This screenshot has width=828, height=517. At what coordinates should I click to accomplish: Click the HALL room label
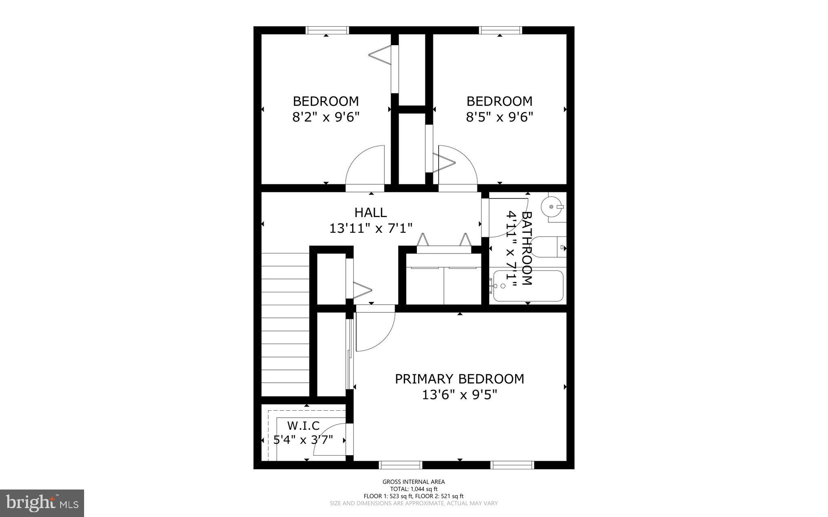tap(370, 212)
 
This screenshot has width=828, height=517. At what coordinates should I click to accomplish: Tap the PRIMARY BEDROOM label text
tap(459, 379)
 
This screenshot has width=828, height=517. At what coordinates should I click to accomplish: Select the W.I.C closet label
tap(303, 426)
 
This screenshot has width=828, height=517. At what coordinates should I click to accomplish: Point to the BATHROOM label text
tap(526, 248)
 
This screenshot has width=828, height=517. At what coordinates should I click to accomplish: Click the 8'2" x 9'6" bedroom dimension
tap(325, 117)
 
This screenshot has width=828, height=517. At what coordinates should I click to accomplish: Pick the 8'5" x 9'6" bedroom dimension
tap(499, 117)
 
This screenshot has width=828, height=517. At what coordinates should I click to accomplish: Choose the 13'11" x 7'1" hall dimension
tap(370, 228)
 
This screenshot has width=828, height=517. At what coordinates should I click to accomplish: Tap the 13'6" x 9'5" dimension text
tap(459, 395)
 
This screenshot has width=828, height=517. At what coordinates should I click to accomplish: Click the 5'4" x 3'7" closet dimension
tap(303, 439)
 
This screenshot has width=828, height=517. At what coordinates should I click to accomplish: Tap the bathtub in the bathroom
tap(528, 286)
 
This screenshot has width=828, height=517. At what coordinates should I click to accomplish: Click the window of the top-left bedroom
tap(327, 30)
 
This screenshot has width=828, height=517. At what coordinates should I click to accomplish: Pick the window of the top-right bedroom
tap(500, 30)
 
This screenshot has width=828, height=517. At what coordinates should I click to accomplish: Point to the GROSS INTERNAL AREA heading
tap(414, 481)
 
